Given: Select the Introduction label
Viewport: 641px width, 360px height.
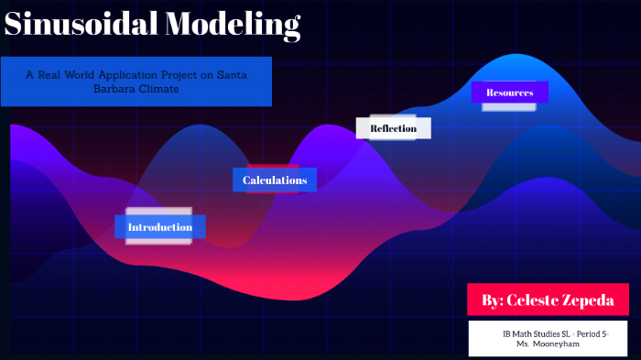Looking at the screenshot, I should pos(160,227).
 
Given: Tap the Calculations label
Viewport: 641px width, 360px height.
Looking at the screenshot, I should pos(275,180).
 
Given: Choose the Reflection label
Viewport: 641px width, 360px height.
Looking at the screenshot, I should pos(393,128).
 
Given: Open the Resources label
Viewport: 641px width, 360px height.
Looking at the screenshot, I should pos(509,93).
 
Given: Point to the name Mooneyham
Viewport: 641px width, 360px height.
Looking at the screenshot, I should pos(555,344).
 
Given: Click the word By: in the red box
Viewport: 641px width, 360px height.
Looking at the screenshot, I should pos(492,300).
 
